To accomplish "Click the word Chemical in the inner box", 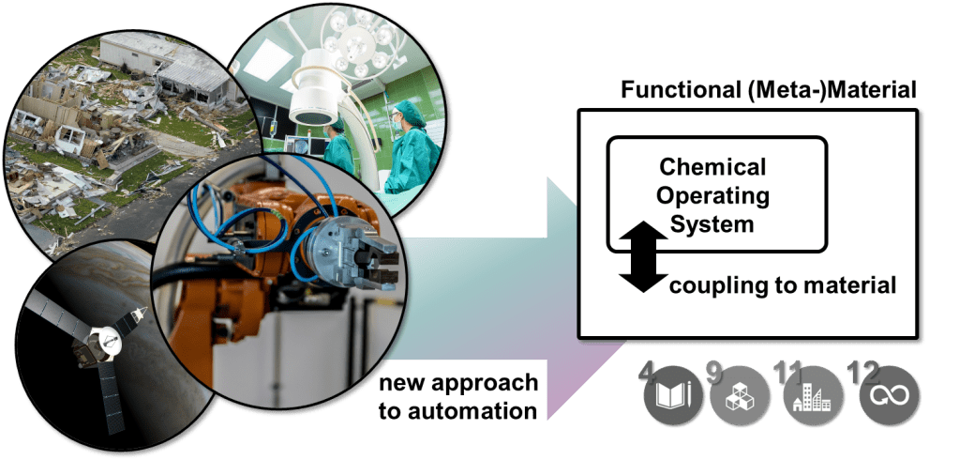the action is pyautogui.click(x=712, y=166).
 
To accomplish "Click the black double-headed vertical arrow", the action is pyautogui.click(x=643, y=256).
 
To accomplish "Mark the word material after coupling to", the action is pyautogui.click(x=846, y=286).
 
